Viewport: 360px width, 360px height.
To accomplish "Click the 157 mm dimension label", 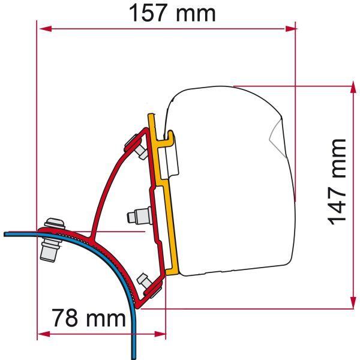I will [x=173, y=13].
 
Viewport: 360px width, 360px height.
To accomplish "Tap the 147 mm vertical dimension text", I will [x=338, y=181].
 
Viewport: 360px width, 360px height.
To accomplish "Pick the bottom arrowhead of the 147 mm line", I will [x=351, y=305].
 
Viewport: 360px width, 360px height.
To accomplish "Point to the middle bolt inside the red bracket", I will [x=139, y=214].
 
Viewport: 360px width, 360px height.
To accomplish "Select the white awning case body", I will [x=234, y=180].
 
